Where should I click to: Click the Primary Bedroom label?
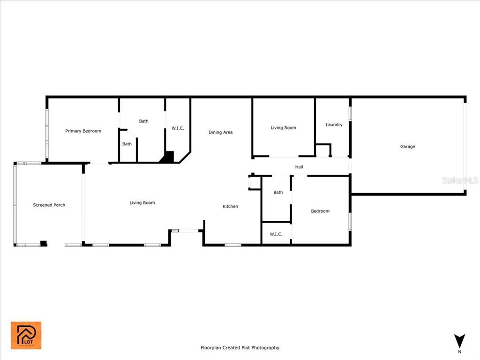coord(83,131)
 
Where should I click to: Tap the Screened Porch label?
coord(49,205)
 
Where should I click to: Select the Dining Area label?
coord(220,132)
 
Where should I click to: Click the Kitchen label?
coord(230,206)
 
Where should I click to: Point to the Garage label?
coord(407,147)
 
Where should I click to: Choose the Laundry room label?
coord(334,125)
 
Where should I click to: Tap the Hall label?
coord(299,167)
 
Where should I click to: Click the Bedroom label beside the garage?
coord(320,211)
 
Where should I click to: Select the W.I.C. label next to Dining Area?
coord(178,128)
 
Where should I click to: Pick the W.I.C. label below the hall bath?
coord(276,234)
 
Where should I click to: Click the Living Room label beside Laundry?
coord(284,127)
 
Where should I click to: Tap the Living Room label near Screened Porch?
coord(142,202)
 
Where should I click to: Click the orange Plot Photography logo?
coord(26,335)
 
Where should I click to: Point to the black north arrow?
coord(459,341)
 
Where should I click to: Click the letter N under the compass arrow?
coord(459,352)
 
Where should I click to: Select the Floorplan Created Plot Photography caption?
coord(240,348)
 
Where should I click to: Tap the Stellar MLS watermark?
coord(460,180)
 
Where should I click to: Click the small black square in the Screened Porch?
coord(44,243)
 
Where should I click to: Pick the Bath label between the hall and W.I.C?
coord(278,192)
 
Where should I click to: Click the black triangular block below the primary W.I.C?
coord(168,157)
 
